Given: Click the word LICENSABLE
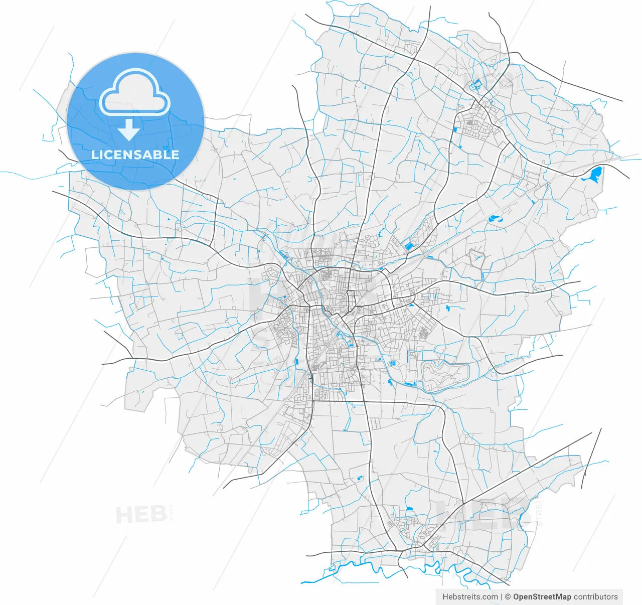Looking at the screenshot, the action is [x=135, y=155].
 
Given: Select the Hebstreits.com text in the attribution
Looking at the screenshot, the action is [x=470, y=596].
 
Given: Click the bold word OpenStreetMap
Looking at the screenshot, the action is [x=542, y=596].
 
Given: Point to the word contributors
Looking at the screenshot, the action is [x=596, y=596].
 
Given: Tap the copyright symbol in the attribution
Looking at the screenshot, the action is [x=508, y=596].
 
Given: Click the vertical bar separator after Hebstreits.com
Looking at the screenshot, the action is [x=502, y=596].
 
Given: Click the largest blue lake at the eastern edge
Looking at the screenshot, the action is [x=593, y=175].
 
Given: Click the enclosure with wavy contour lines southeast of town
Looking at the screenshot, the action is [x=444, y=374].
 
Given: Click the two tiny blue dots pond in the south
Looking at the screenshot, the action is [x=359, y=478].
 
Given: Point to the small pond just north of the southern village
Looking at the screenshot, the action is [x=410, y=509].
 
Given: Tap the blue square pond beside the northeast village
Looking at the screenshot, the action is [x=455, y=129].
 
